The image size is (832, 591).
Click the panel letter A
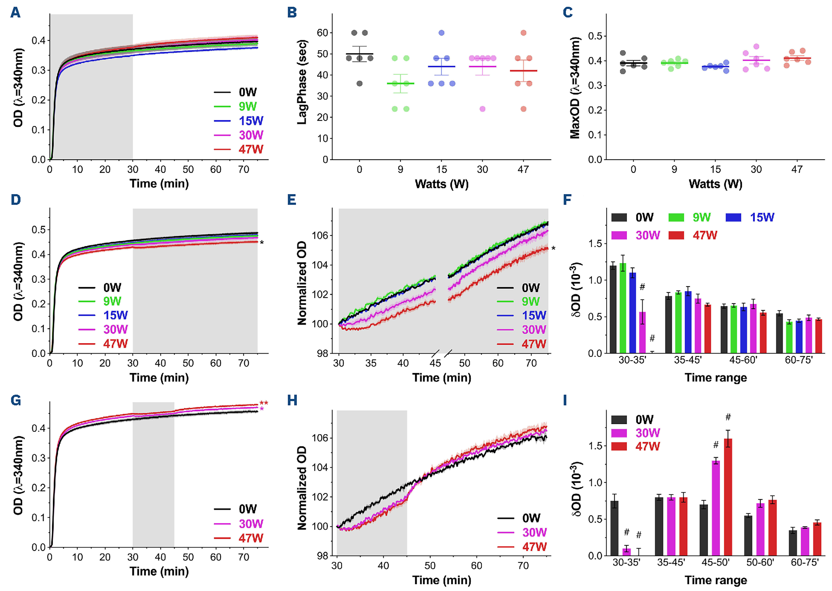point(15,13)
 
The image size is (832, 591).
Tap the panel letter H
point(292,401)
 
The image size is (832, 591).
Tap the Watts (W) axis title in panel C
point(715,184)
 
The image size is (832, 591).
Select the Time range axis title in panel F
point(715,378)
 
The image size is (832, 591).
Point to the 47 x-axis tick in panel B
point(523,169)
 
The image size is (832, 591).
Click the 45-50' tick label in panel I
point(715,562)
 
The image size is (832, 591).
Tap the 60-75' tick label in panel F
point(799,360)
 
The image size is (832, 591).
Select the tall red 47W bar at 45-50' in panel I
point(728,497)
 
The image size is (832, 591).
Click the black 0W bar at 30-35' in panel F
point(613,309)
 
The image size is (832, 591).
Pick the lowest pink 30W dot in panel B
point(482,109)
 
